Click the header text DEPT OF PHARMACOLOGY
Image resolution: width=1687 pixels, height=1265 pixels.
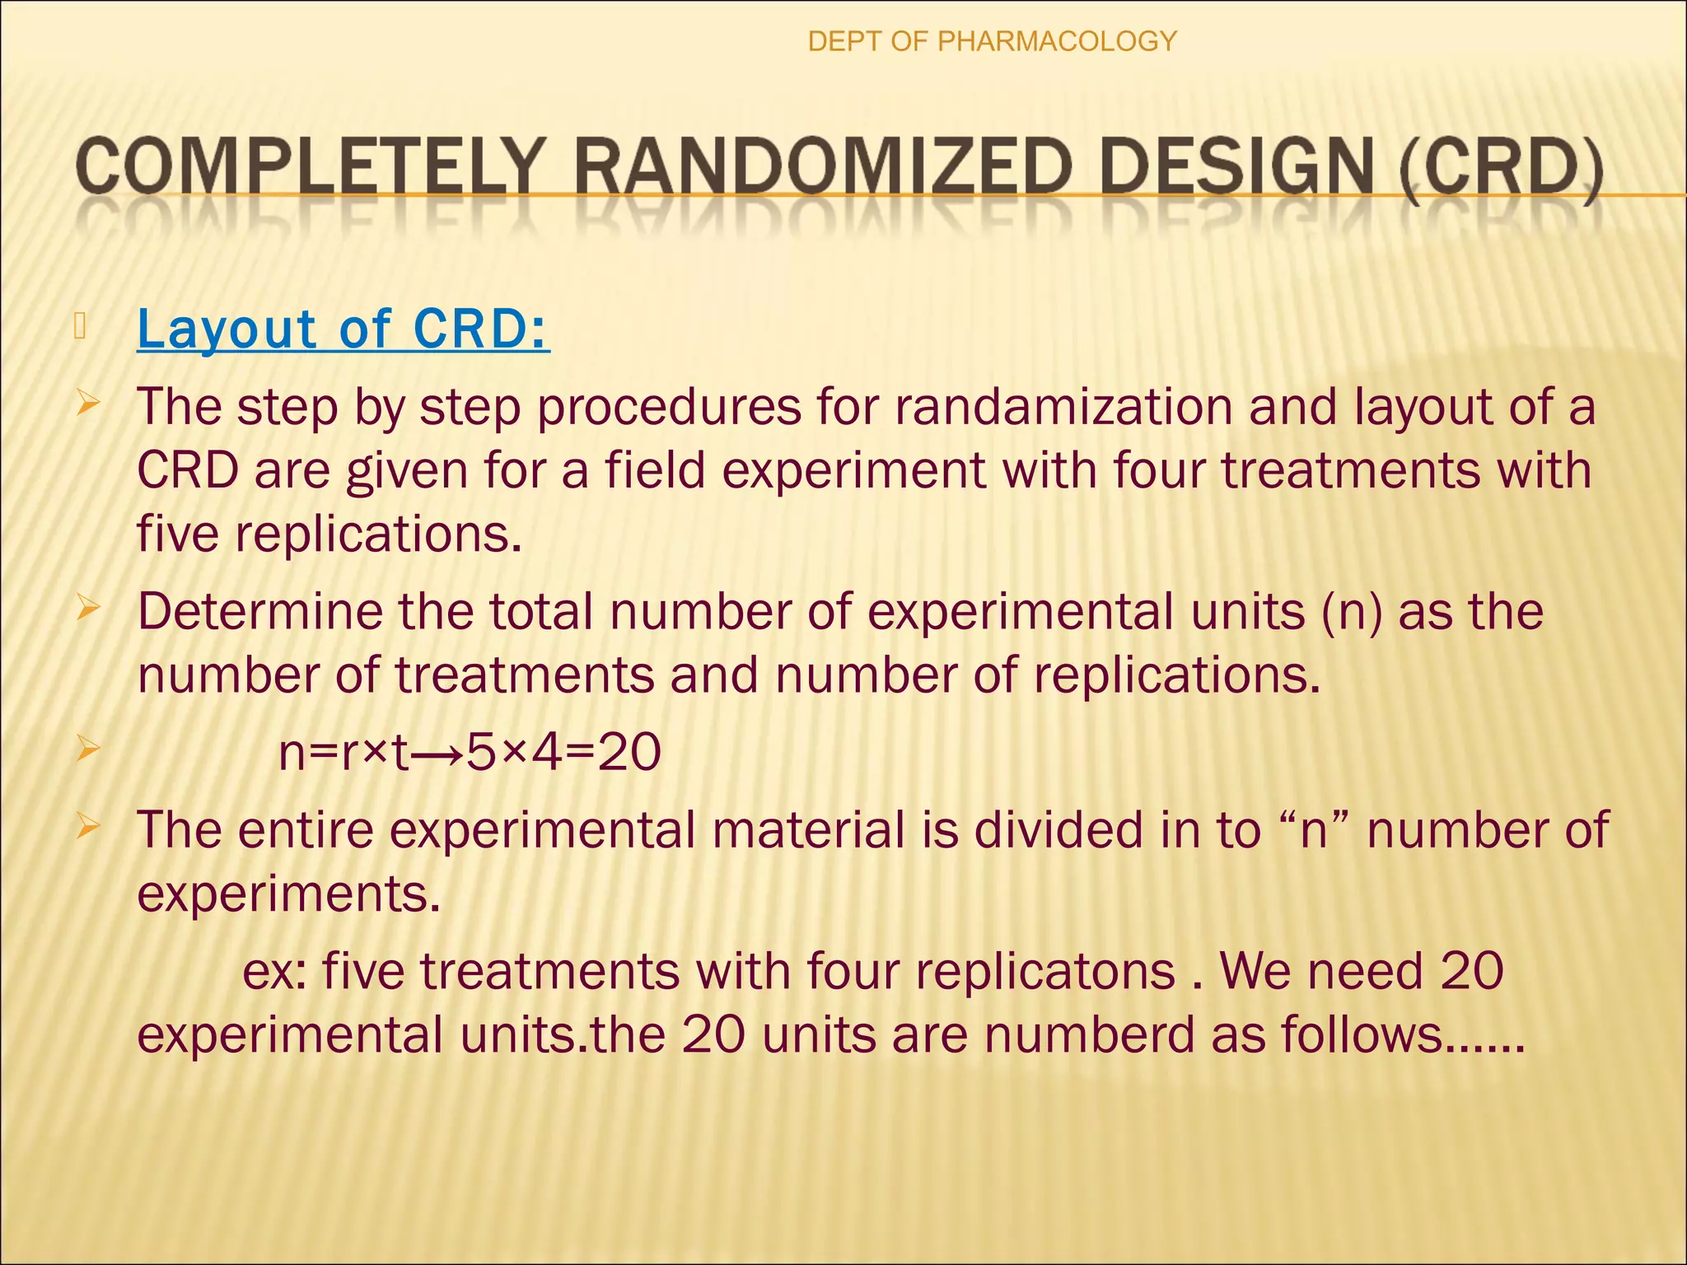992,41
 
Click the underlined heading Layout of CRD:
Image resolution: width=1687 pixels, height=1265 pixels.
343,329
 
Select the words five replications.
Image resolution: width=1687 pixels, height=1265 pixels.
329,534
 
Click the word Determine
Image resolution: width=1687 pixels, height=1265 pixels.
264,612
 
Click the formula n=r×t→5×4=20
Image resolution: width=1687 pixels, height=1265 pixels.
470,752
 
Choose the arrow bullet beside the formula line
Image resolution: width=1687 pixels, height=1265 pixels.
88,749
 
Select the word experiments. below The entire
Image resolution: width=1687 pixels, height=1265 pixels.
288,894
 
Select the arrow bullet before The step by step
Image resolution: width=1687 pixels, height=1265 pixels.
88,405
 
